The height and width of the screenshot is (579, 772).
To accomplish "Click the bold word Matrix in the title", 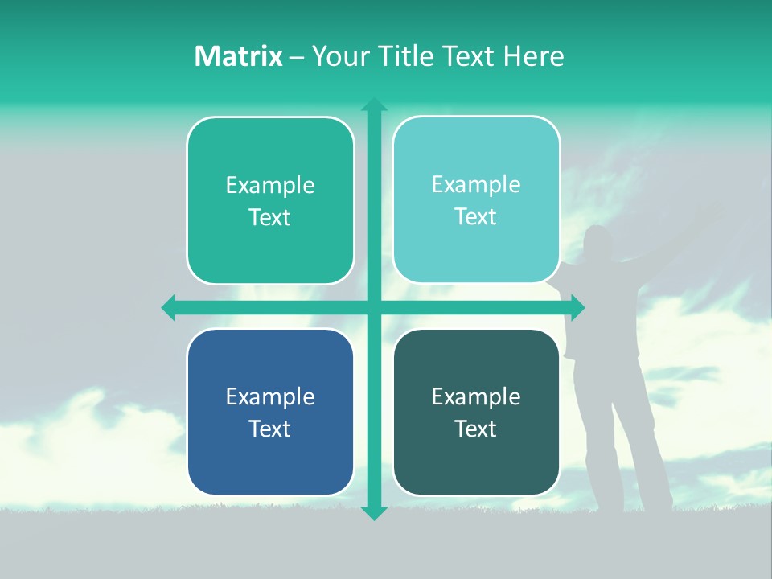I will (238, 56).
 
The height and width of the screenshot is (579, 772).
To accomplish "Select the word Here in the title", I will (534, 56).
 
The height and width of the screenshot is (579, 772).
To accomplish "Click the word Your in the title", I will (341, 56).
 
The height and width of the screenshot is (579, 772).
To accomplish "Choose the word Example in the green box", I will (270, 186).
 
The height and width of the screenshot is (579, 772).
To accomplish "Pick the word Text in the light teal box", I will (475, 217).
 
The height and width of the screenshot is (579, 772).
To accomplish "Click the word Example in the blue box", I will (270, 396).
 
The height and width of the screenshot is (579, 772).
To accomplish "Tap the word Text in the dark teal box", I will (475, 429).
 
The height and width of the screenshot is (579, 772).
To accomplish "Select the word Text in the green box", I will (270, 218).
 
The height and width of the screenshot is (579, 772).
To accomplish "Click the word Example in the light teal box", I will (475, 185).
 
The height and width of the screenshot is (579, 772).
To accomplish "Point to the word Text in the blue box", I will (270, 429).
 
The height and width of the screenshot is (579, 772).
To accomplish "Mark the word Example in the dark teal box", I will (475, 396).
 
